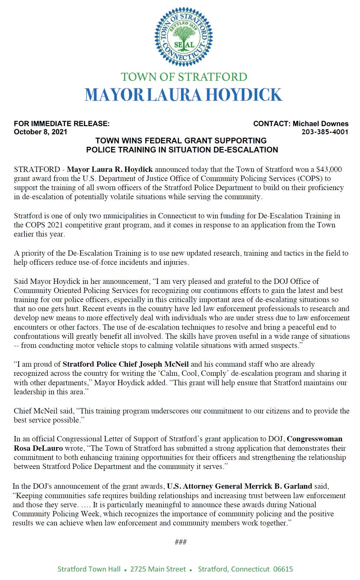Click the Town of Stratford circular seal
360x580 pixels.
[x=183, y=37]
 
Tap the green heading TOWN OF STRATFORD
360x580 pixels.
[x=184, y=77]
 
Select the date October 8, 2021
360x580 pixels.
[x=40, y=132]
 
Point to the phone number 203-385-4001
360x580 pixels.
[x=325, y=132]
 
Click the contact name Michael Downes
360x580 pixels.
[x=320, y=124]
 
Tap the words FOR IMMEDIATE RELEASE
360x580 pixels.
[x=62, y=124]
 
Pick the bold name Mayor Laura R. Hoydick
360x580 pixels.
[x=110, y=169]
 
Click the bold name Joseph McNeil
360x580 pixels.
[x=164, y=364]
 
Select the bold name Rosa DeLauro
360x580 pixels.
[x=38, y=448]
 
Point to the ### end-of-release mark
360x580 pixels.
[x=180, y=542]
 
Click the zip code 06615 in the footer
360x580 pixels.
[x=283, y=569]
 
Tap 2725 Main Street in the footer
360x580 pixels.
[x=158, y=569]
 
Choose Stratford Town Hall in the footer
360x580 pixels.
[x=89, y=569]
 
